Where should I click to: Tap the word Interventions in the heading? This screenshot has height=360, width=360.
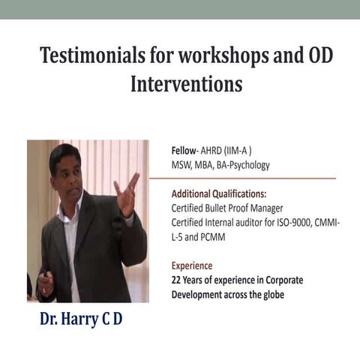(x=187, y=83)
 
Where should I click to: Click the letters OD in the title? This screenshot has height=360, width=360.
(x=306, y=56)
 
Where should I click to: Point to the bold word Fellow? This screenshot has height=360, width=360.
(x=184, y=150)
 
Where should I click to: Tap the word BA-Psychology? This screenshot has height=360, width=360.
(x=242, y=164)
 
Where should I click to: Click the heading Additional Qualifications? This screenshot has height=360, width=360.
(x=218, y=193)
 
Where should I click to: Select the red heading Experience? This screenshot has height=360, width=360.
(x=192, y=265)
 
